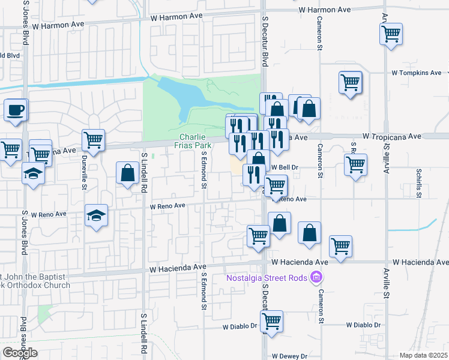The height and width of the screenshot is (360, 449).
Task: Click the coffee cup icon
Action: tap(16, 110)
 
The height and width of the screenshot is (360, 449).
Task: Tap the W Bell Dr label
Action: tap(285, 167)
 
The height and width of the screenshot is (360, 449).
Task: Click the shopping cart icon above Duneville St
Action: tap(93, 140)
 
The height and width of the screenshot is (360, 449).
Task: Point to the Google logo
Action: tap(19, 353)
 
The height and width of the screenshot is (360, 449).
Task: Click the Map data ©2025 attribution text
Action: tap(423, 355)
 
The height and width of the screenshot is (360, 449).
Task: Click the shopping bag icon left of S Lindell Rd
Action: tap(127, 173)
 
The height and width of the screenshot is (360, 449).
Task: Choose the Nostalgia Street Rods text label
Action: tap(267, 277)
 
